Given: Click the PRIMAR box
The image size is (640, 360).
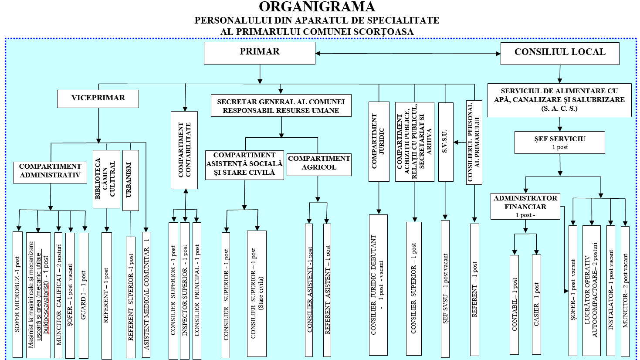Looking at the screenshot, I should point(260,53).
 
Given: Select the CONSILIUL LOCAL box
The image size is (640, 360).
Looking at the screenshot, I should point(560,53).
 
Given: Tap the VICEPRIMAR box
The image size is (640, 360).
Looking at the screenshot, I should point(98,99).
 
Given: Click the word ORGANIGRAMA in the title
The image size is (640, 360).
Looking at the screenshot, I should point(317,7).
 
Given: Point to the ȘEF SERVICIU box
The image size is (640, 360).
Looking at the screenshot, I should point(560,143).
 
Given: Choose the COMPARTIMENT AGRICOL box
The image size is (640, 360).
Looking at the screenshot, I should point(319,164).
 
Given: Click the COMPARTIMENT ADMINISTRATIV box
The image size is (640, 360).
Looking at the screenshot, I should point(50,172).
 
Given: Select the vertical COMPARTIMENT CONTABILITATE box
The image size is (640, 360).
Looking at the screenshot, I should point(184,150).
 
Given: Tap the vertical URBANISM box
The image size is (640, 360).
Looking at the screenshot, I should point(131,180).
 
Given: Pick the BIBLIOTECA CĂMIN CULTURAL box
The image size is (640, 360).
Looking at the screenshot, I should point(106,179).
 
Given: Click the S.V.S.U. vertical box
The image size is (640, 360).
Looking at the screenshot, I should point(445,142).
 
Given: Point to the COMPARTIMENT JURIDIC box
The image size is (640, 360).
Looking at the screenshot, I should point(379,141).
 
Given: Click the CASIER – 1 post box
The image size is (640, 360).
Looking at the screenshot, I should point(536,304).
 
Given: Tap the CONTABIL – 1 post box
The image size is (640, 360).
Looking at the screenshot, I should point(514,304).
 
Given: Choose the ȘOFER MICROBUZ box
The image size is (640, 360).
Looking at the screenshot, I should point(17,294).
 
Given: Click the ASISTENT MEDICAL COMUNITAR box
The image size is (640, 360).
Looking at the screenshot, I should point(146,294).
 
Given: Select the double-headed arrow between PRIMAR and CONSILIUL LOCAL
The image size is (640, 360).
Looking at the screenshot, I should point(408,54).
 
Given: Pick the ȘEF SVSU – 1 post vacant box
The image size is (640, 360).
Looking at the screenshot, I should point(445,288).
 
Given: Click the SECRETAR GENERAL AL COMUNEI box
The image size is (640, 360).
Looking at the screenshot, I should point(281,106).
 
